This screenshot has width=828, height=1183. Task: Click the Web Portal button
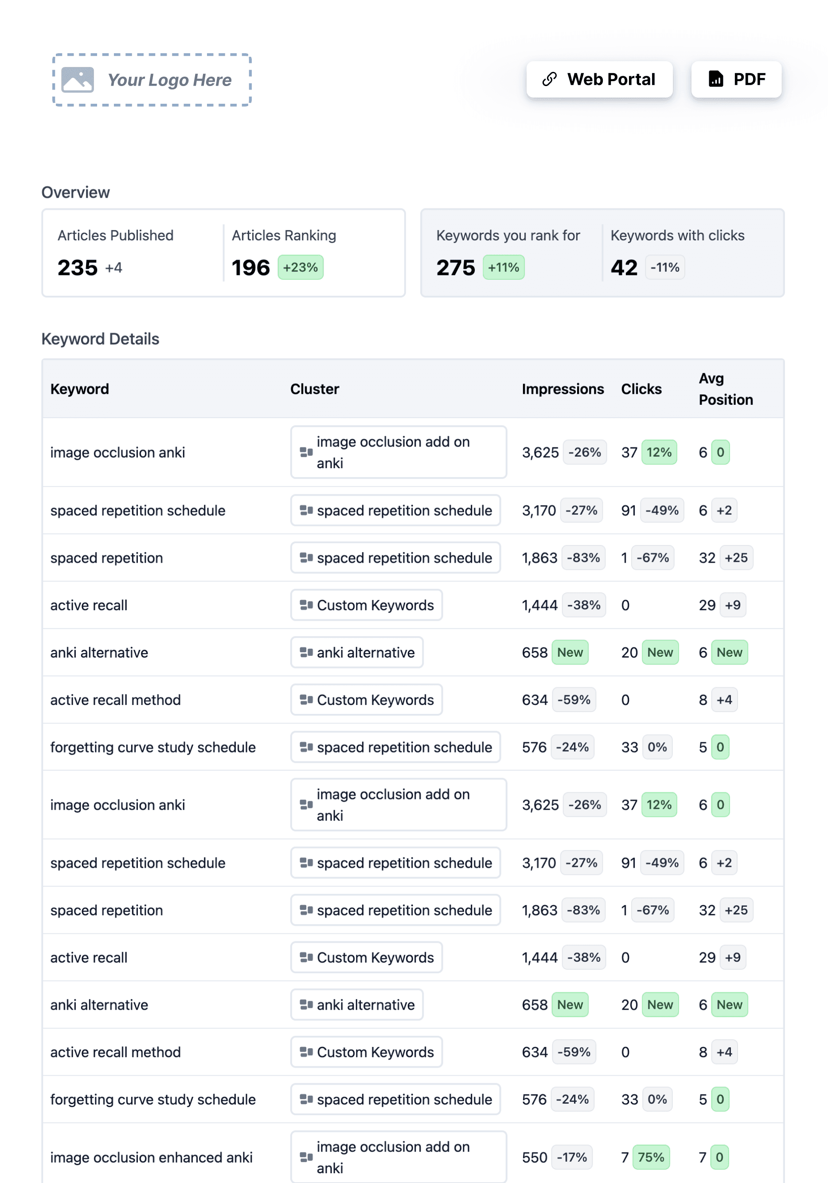click(599, 79)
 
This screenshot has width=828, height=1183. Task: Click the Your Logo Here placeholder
click(152, 80)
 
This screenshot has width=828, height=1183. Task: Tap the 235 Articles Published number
click(77, 267)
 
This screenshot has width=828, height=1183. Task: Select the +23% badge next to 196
click(300, 267)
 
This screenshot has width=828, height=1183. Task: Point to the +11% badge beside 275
click(503, 267)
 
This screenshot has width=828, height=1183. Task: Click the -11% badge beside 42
click(664, 267)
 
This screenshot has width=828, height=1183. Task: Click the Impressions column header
click(562, 389)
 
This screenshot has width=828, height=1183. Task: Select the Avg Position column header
click(725, 389)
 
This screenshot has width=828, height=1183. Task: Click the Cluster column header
click(314, 389)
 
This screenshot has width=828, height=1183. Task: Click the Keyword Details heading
click(101, 339)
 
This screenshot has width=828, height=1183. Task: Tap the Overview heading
click(76, 192)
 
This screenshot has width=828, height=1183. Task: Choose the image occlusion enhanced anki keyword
click(152, 1157)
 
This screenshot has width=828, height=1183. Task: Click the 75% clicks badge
click(650, 1157)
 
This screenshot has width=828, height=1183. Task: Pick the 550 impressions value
click(534, 1157)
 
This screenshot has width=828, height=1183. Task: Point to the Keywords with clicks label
click(677, 235)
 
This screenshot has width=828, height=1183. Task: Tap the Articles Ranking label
click(284, 235)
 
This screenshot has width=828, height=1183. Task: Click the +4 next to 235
click(113, 268)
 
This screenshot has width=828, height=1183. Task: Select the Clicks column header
click(641, 389)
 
